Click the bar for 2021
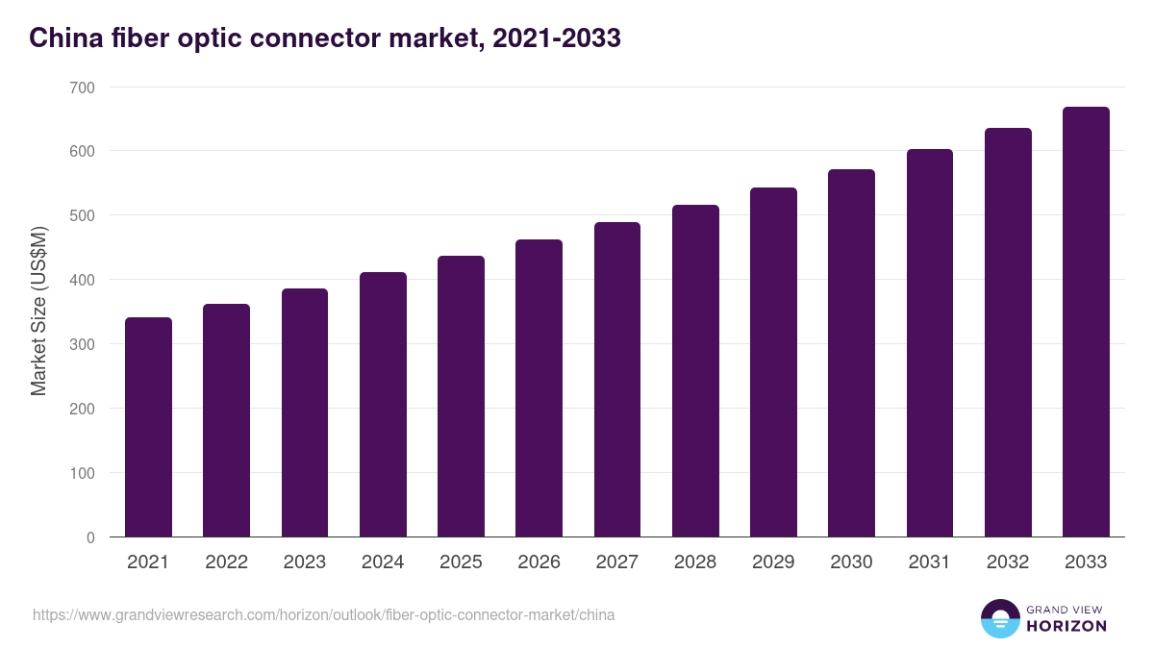148,427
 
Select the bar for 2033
1086,322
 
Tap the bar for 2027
617,380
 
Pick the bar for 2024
383,405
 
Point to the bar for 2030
851,353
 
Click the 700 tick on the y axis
83,87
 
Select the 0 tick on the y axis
90,537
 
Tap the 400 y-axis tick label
83,280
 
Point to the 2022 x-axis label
226,562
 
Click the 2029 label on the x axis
773,562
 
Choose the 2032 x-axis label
1008,562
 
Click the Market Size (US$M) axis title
39,312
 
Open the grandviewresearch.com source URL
323,614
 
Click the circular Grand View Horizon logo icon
999,618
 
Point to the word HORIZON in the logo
1066,626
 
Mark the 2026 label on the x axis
539,562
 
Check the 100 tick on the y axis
83,473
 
